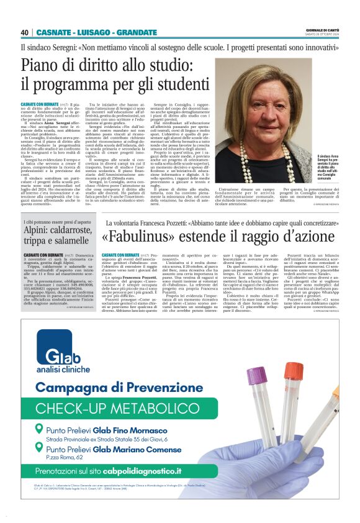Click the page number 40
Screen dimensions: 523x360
pyautogui.click(x=25, y=32)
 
